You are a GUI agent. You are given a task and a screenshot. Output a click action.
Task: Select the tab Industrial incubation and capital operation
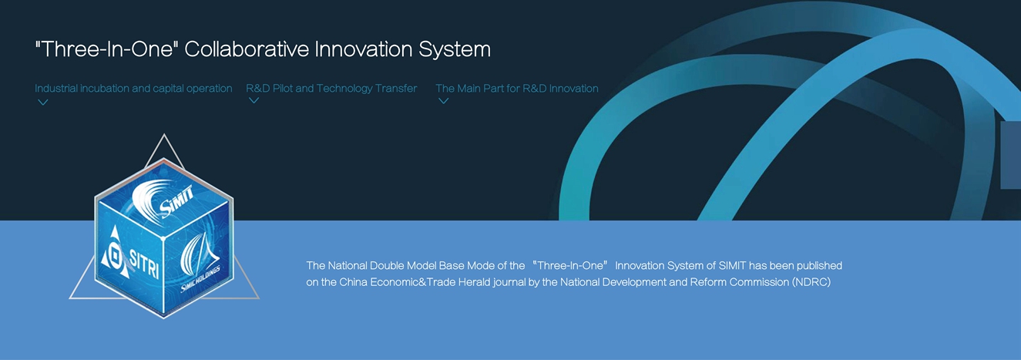(133, 89)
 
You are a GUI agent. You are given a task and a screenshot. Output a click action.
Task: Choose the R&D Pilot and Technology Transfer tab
(331, 89)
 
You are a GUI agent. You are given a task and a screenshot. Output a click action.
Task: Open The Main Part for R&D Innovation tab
(517, 89)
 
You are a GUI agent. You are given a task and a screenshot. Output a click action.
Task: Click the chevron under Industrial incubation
(43, 103)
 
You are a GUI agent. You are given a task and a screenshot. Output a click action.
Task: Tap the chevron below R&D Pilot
(254, 100)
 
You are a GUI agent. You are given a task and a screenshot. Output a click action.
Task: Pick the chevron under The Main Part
(444, 101)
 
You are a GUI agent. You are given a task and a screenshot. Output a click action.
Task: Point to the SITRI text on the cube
(145, 264)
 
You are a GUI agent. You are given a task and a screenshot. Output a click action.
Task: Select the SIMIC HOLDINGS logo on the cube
(200, 263)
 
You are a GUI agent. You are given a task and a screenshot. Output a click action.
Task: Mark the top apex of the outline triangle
(164, 134)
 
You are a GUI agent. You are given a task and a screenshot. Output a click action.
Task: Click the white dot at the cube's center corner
(163, 238)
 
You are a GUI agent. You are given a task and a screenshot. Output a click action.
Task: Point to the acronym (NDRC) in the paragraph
(811, 282)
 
